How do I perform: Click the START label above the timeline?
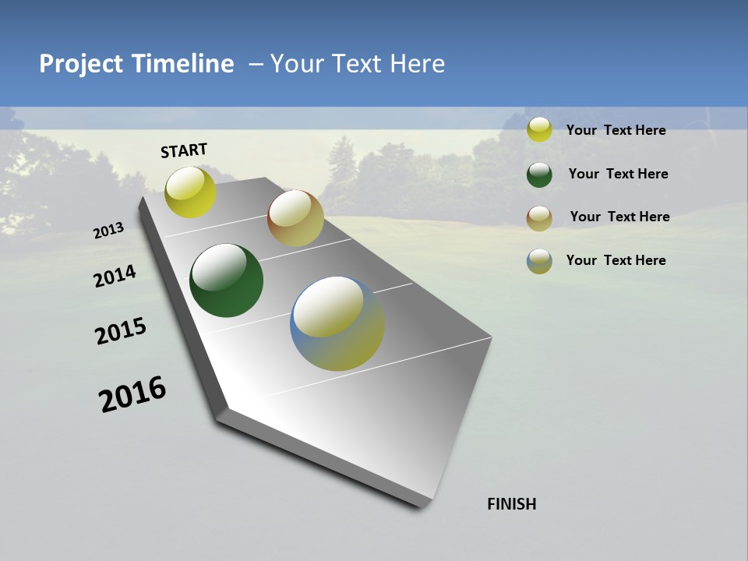click(x=184, y=150)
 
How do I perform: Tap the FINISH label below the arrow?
click(x=511, y=504)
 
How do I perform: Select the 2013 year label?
click(x=109, y=231)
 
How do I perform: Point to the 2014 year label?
click(x=115, y=277)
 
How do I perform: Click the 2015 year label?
click(x=121, y=331)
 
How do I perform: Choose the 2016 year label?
click(x=132, y=393)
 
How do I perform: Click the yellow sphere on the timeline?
click(x=190, y=192)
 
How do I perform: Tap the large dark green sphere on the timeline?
click(x=226, y=280)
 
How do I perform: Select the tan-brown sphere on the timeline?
click(x=295, y=218)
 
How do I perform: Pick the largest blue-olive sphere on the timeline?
click(x=337, y=323)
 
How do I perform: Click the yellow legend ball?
click(x=539, y=129)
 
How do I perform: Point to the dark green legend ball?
click(x=539, y=175)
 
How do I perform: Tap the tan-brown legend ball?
click(x=539, y=218)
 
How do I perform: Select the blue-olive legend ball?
click(x=539, y=261)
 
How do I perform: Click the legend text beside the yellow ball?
click(x=616, y=130)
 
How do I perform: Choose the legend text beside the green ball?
click(x=618, y=174)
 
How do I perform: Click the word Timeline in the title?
click(x=184, y=64)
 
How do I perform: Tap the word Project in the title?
click(x=81, y=64)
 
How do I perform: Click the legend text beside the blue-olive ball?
click(x=616, y=260)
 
